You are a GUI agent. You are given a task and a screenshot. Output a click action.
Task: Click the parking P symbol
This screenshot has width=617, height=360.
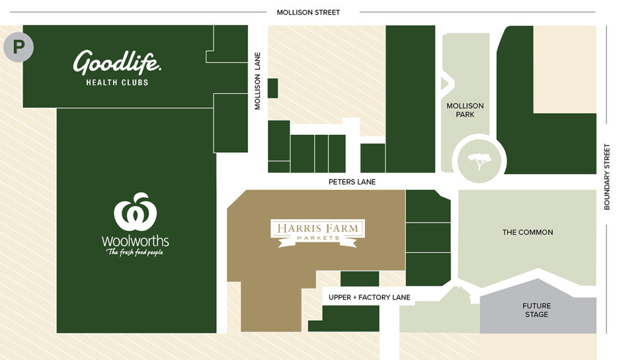point(19,47)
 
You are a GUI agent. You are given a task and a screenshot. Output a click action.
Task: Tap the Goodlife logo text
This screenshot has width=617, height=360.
point(117,63)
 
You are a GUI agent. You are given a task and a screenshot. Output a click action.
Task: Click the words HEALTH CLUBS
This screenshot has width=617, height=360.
point(117,82)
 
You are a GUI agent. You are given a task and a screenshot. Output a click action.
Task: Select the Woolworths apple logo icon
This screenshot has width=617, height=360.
point(136,212)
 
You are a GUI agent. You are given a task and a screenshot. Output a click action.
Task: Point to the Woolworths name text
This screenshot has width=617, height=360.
point(135,241)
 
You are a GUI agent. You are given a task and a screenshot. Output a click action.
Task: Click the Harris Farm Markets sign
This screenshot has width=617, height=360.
point(317,232)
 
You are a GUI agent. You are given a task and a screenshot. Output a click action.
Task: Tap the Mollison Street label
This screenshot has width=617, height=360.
point(308,12)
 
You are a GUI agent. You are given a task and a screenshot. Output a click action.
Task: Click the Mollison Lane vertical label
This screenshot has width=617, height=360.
point(258,81)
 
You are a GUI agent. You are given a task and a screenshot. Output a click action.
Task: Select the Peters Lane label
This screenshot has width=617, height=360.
point(352,182)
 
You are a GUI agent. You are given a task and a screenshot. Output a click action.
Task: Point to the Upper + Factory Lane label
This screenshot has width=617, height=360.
point(369,297)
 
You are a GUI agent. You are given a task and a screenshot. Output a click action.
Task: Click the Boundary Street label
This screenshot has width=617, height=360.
point(606,176)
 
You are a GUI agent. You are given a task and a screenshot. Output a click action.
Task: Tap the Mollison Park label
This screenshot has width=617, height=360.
point(465,110)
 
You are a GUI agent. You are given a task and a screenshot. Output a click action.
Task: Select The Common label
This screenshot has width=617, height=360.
point(527,232)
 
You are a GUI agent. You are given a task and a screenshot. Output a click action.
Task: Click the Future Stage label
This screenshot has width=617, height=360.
point(536,310)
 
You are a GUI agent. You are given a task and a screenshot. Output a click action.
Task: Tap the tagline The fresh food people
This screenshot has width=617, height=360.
point(135,252)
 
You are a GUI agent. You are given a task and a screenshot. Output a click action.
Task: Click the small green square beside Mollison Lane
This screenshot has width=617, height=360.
point(273,88)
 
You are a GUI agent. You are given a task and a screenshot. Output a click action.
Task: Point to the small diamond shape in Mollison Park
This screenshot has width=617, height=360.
point(446,84)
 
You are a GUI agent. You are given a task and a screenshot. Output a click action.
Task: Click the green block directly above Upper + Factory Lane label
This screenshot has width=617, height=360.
point(359,278)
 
